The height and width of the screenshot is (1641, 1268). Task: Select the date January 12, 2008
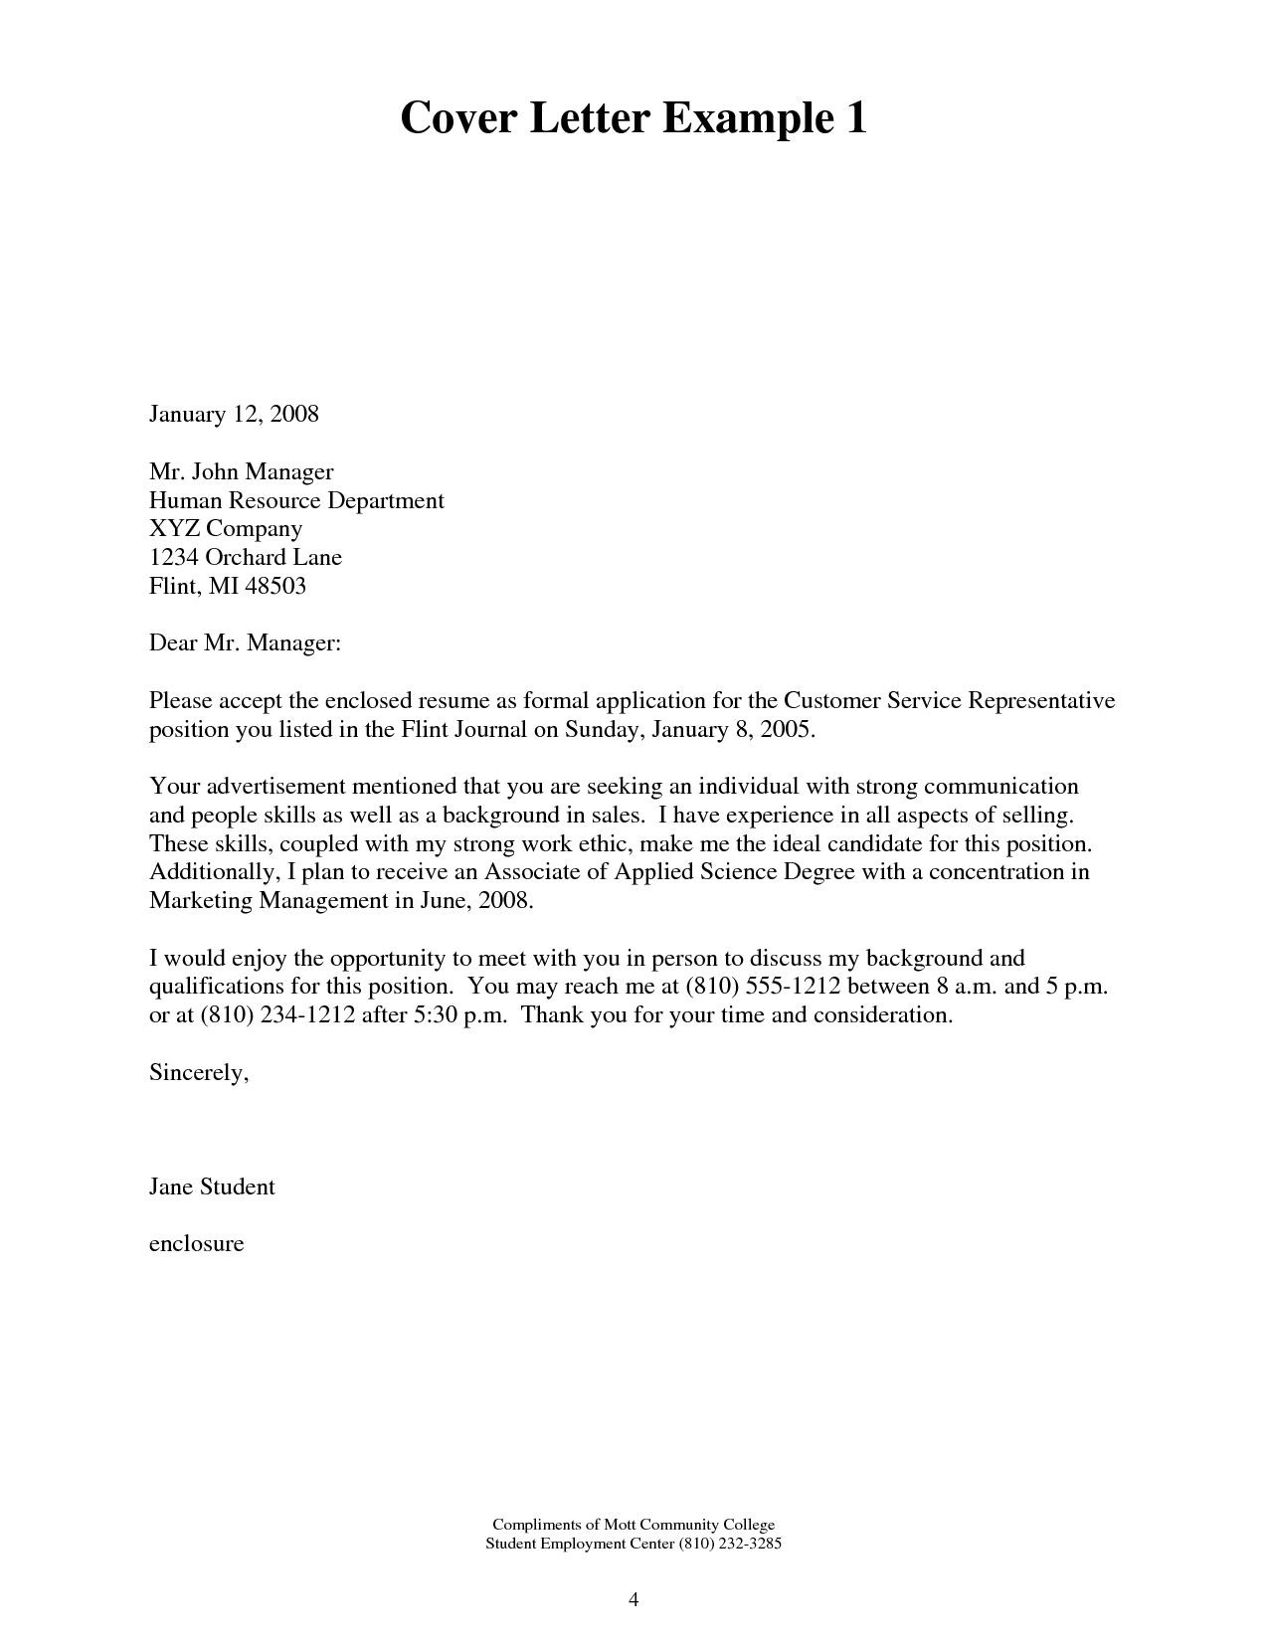(234, 414)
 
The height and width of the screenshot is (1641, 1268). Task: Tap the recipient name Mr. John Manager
(241, 471)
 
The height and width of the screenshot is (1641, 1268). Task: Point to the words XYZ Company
(226, 528)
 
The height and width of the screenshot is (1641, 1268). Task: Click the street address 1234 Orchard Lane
(246, 557)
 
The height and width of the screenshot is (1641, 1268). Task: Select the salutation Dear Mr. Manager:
(245, 643)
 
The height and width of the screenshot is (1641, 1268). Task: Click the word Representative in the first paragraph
(1041, 700)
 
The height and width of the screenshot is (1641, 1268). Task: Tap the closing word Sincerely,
(198, 1073)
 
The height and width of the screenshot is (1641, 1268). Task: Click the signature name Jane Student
(212, 1186)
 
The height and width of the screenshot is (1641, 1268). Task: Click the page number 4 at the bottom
(634, 1600)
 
